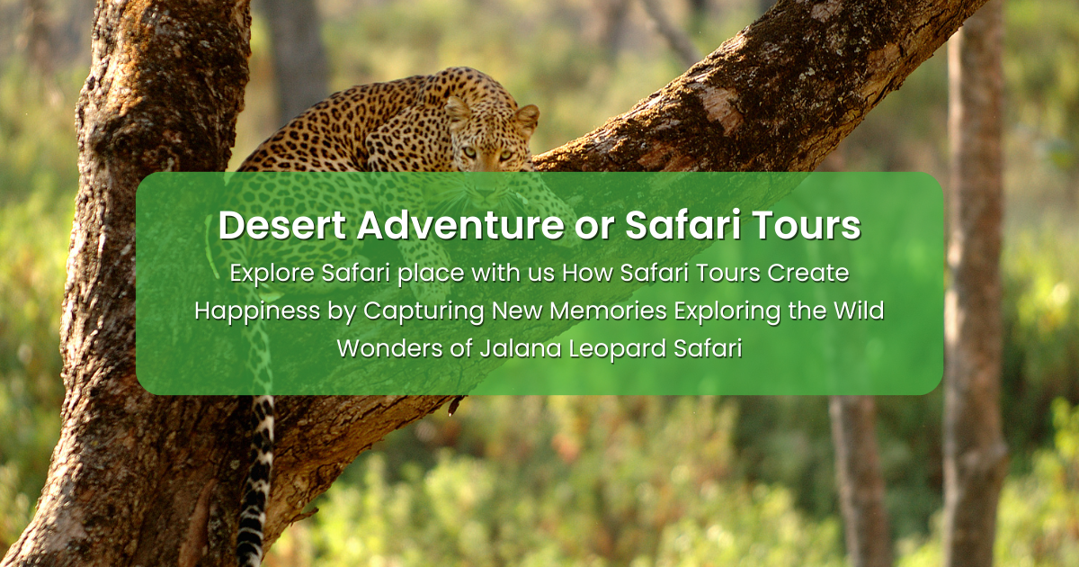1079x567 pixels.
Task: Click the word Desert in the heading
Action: click(282, 225)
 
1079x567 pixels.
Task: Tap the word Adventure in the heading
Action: click(460, 225)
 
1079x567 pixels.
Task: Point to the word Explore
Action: click(272, 274)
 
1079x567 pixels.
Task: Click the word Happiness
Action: click(258, 311)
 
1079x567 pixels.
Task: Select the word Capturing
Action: click(424, 311)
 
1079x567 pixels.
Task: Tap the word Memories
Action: click(609, 310)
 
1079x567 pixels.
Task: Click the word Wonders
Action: click(389, 348)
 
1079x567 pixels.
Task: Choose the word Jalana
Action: click(521, 348)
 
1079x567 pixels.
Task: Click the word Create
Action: click(808, 273)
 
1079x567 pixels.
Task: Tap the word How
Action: click(588, 273)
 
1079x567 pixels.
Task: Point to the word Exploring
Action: click(727, 311)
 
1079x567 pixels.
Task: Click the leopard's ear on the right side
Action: click(527, 119)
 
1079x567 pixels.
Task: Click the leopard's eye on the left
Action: click(469, 152)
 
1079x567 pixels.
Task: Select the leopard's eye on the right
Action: click(505, 155)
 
